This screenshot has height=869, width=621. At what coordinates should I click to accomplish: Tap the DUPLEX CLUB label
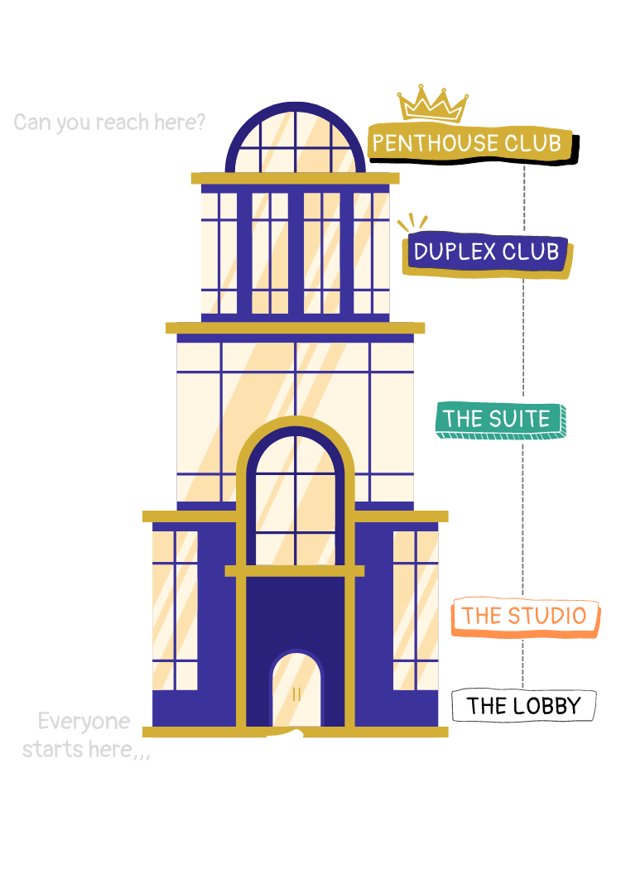point(487,252)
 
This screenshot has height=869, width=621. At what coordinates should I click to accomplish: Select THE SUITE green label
point(498,420)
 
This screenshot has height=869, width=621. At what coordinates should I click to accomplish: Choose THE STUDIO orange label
point(524,616)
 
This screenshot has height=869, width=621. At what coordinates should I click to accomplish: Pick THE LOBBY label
point(522,706)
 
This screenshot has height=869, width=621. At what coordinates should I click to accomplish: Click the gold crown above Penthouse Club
point(433,104)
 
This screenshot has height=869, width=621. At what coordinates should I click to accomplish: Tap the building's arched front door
point(296,689)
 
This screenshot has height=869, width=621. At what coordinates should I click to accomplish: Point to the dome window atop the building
point(295,138)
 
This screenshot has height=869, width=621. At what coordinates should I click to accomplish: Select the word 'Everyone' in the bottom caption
point(84,722)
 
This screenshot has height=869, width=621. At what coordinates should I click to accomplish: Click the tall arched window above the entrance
point(295,497)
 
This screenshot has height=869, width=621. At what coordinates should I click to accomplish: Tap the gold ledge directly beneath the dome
point(295,178)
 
